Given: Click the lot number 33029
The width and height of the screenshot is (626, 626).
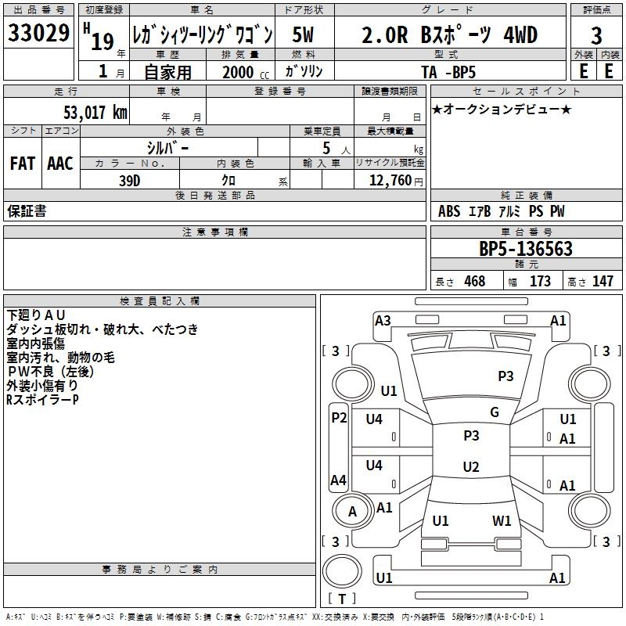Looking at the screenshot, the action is click(x=38, y=34).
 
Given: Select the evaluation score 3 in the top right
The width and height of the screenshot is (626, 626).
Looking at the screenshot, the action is click(x=596, y=36).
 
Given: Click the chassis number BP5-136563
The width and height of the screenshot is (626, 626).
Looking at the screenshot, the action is click(x=525, y=249).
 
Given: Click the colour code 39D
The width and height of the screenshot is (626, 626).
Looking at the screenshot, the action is click(x=130, y=179).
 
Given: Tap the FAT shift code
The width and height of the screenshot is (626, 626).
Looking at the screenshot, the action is click(x=22, y=163).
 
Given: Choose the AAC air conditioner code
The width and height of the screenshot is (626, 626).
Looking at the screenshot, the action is click(x=59, y=163).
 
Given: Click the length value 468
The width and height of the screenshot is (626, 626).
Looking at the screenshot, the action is click(x=474, y=281).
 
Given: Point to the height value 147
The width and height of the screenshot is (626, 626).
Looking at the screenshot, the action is click(x=603, y=281).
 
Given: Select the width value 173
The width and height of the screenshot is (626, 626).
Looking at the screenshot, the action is click(x=540, y=281).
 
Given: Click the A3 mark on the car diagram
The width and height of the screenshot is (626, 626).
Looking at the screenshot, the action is click(x=383, y=320).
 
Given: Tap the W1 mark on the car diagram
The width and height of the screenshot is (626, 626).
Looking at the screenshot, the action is click(x=502, y=520).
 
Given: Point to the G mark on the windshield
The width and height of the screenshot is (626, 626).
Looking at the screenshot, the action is click(x=495, y=412).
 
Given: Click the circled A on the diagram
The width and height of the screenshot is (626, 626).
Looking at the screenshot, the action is click(x=352, y=512).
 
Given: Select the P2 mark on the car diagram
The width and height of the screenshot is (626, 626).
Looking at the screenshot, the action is click(x=338, y=417).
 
